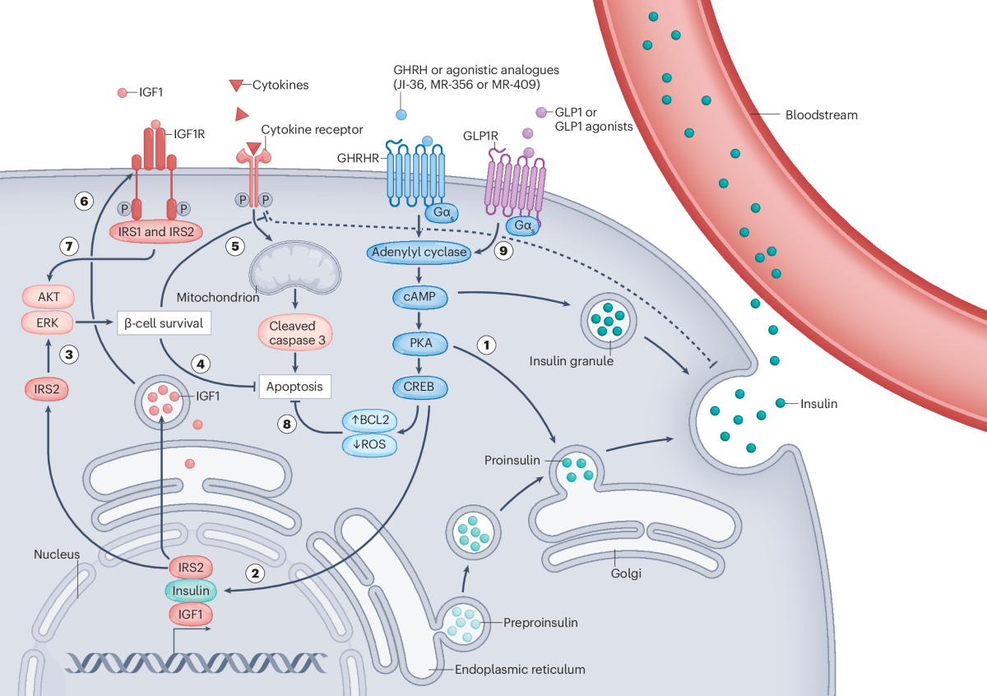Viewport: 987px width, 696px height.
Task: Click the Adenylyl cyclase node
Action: point(418,253)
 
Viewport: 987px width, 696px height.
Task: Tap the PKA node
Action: point(418,339)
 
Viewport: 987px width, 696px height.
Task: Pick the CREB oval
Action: point(418,385)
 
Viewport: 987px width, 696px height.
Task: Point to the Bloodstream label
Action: point(821,115)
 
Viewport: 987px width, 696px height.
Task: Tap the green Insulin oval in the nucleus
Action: point(191,590)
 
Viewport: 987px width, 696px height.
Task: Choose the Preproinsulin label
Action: point(540,622)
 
